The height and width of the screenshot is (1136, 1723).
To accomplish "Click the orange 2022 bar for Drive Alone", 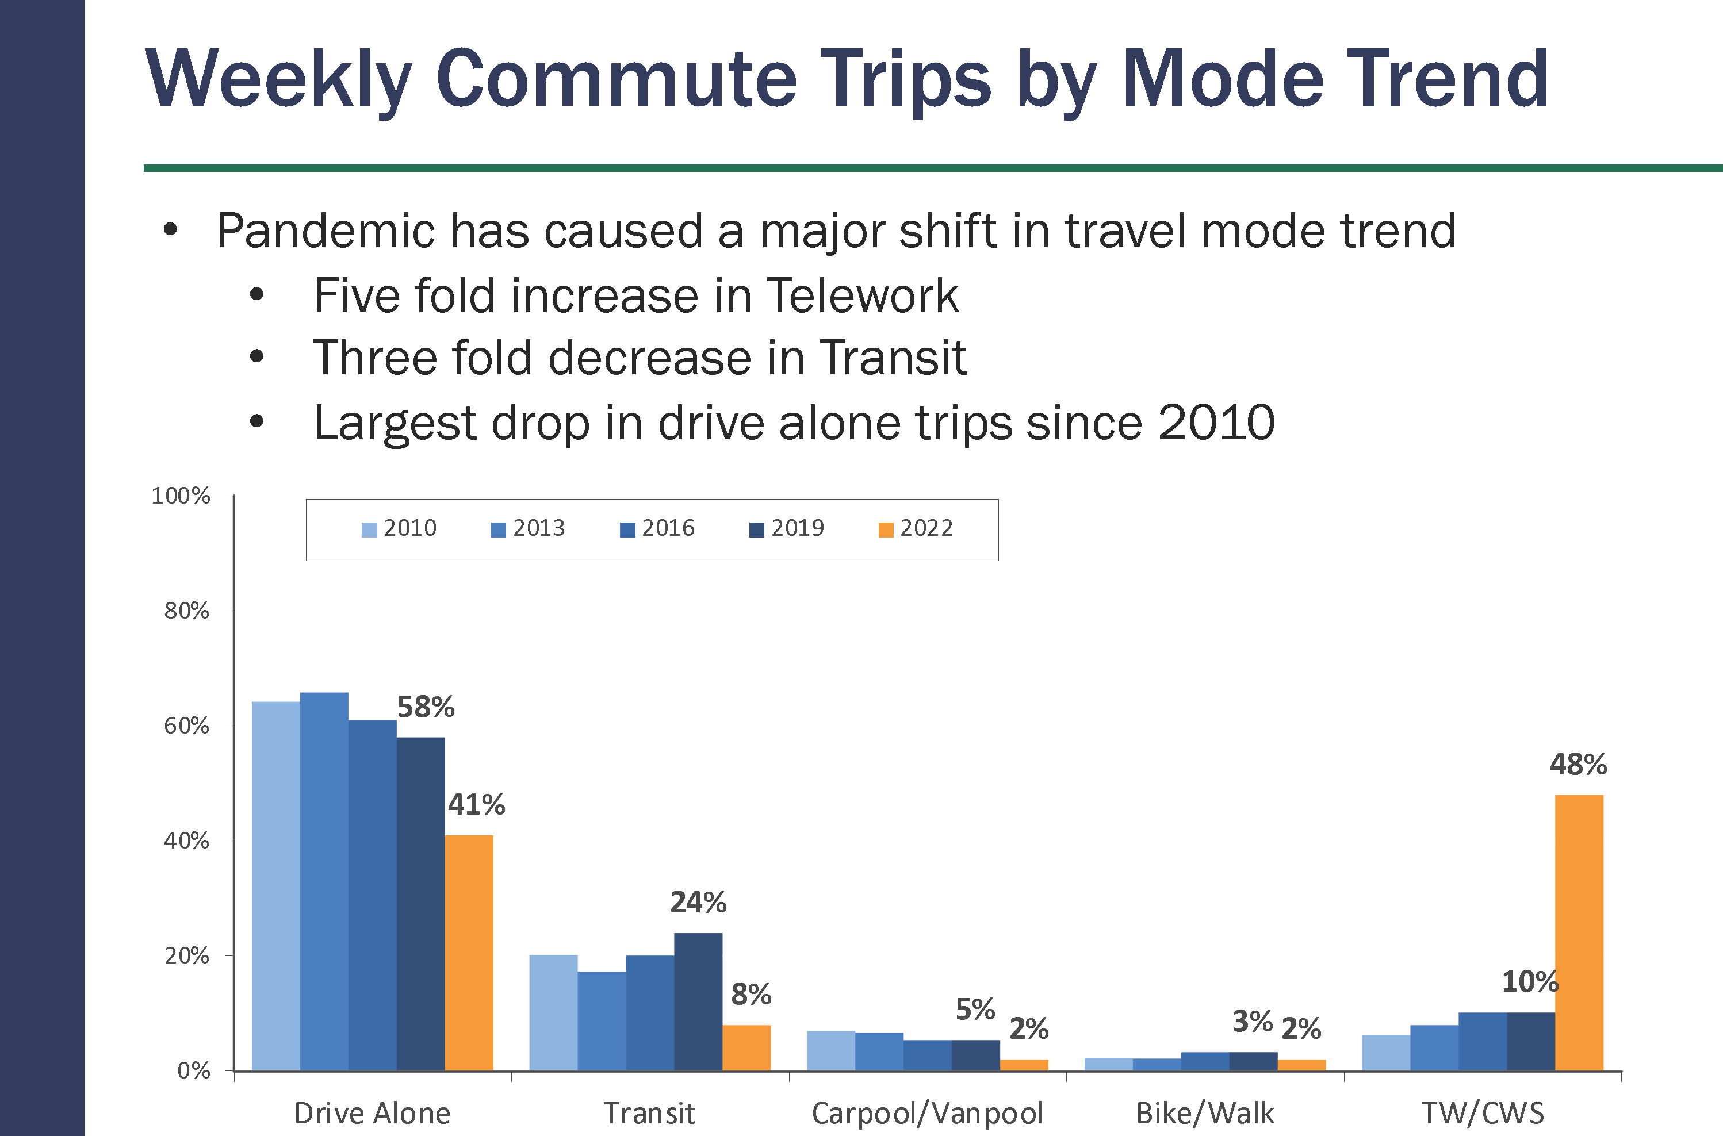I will click(469, 952).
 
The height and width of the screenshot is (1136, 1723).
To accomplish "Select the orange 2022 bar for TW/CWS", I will click(1579, 932).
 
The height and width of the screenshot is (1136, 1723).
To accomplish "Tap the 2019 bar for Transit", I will click(698, 1001).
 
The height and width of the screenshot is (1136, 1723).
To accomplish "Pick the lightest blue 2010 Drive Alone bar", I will click(276, 885).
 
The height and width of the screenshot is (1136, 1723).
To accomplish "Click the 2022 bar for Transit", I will click(746, 1047).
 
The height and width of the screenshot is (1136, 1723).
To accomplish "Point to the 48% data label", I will click(1578, 765).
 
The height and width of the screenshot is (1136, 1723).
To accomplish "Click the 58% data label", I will click(426, 707).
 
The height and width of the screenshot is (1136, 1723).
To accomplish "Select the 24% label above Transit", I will click(698, 903).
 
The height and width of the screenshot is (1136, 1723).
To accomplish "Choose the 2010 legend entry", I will click(399, 528).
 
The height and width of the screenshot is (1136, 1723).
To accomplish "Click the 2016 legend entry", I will click(657, 528).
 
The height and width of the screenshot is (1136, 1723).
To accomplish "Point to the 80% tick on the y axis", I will click(186, 611).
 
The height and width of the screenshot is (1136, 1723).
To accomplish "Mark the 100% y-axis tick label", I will click(181, 496).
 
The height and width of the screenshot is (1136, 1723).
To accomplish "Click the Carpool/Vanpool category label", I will click(926, 1114).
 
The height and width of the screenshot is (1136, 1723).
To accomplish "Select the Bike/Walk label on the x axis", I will click(1205, 1114).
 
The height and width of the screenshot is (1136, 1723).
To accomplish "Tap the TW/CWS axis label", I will click(1483, 1114).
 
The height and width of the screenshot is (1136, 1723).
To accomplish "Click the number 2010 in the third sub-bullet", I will click(1216, 423).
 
